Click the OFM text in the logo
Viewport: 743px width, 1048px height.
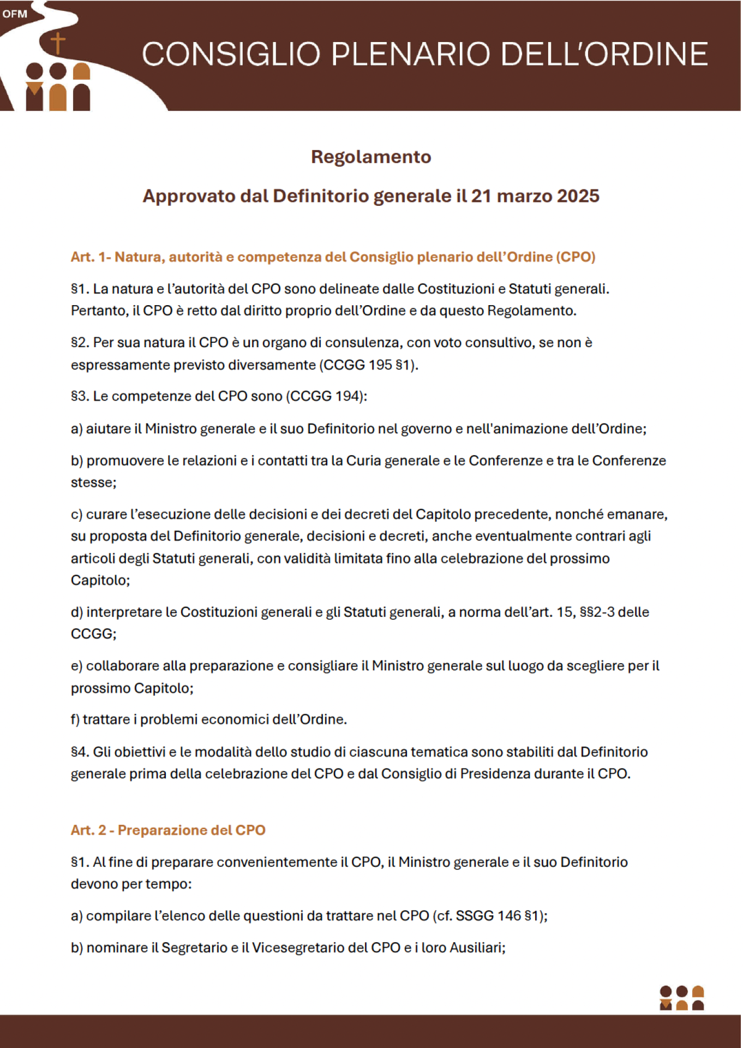click(x=15, y=14)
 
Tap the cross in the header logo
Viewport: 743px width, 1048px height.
click(x=57, y=44)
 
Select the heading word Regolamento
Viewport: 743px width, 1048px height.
click(x=371, y=157)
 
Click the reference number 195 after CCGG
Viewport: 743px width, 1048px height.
click(x=380, y=365)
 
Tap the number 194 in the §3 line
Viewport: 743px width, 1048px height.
click(x=346, y=396)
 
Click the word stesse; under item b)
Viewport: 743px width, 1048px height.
click(x=94, y=483)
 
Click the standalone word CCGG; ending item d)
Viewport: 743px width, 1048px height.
click(x=94, y=634)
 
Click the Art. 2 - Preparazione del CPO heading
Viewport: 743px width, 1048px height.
click(x=168, y=830)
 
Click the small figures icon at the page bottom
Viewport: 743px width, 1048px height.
click(x=681, y=998)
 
